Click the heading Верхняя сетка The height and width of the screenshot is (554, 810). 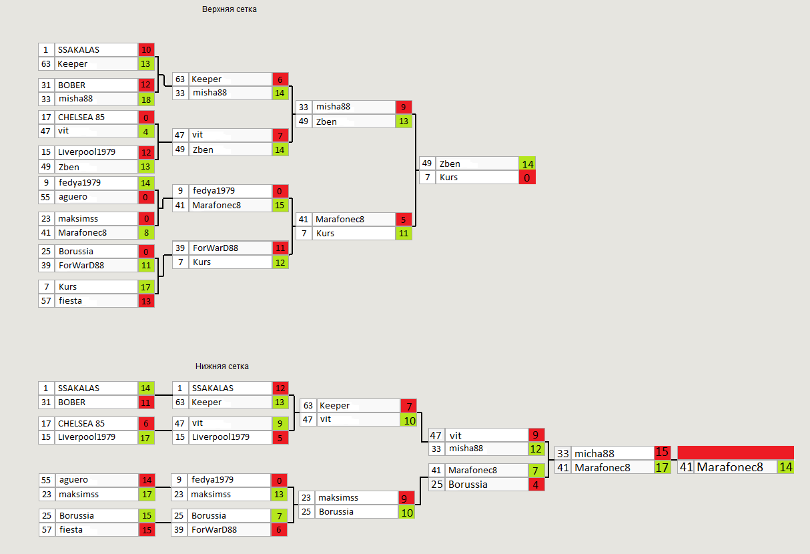point(229,9)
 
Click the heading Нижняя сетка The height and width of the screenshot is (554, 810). point(222,366)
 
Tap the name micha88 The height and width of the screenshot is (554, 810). point(594,453)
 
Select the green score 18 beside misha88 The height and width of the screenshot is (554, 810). point(146,99)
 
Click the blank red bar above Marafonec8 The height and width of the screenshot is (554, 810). point(735,453)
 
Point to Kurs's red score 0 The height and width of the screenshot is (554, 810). point(526,178)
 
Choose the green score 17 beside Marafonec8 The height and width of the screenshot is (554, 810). point(662,467)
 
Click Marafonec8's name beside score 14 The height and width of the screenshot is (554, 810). point(730,467)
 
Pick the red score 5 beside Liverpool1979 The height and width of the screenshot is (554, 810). point(280,437)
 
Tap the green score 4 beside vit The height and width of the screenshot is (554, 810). point(146,131)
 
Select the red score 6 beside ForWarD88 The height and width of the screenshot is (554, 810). point(280,529)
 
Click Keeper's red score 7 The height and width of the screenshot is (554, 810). point(408,406)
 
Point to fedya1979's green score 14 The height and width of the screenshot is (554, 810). point(146,183)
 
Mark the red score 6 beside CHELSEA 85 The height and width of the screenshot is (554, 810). point(146,423)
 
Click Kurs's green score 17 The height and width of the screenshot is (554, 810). point(146,286)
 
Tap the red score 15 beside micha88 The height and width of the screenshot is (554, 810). point(662,453)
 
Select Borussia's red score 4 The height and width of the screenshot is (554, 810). point(536,485)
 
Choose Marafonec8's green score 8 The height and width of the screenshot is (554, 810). point(146,233)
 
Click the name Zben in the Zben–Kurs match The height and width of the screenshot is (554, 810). point(450,164)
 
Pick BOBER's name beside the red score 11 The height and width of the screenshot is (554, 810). point(71,402)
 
